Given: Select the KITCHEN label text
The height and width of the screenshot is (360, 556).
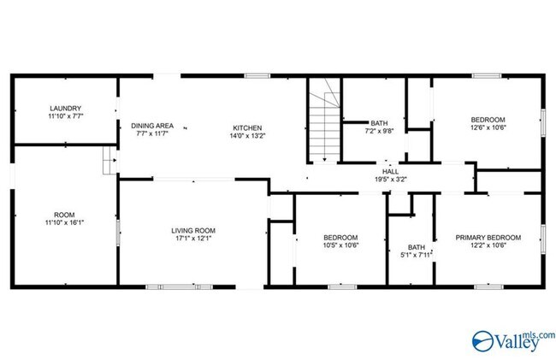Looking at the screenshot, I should click(x=249, y=126).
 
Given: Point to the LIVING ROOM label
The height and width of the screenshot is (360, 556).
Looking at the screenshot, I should click(x=192, y=230).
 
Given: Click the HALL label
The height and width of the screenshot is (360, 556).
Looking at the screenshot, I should click(x=389, y=170).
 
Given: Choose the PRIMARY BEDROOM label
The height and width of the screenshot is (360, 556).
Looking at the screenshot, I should click(x=488, y=237).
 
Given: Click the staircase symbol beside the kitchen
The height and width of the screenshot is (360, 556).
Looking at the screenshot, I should click(x=324, y=124).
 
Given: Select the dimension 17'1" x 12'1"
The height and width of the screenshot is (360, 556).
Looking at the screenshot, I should click(x=192, y=239).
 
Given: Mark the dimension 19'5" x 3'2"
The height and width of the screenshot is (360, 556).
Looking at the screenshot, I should click(x=389, y=180).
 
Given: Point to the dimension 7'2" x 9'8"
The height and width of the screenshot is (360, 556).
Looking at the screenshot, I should click(x=378, y=132).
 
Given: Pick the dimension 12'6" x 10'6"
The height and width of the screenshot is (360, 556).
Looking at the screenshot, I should click(x=488, y=128).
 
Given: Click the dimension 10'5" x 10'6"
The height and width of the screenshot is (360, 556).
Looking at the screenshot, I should click(x=340, y=246).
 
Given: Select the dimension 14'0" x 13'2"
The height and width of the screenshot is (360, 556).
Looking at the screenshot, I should click(x=249, y=135).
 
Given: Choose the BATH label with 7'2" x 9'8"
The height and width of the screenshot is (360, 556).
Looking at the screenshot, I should click(x=378, y=122).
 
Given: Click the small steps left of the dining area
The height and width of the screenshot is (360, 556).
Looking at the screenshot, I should click(x=109, y=160).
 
